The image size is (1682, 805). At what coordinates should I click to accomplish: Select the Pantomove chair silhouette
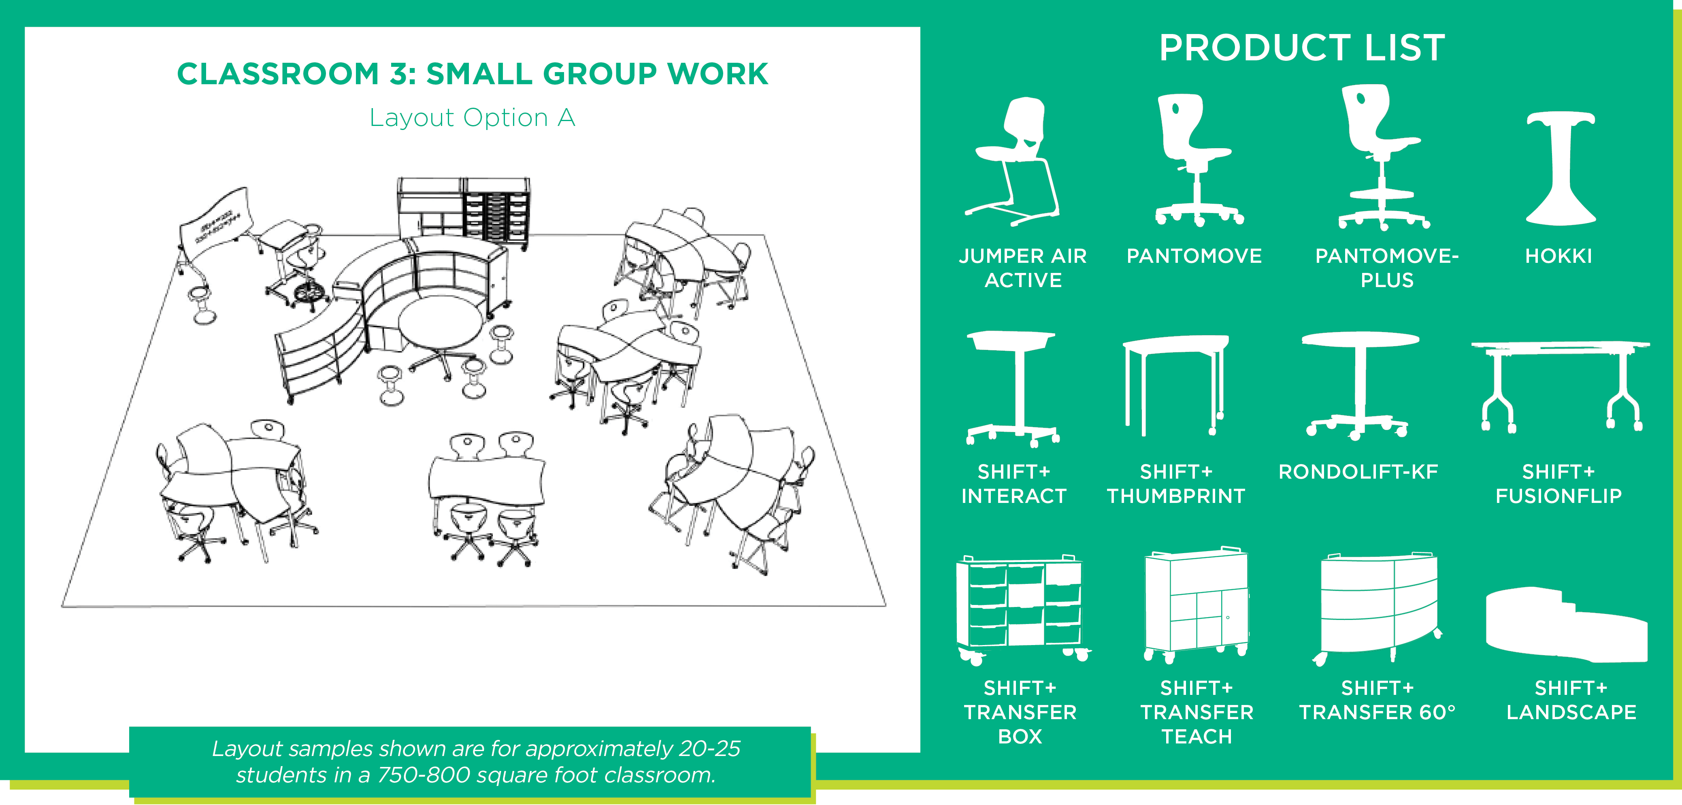tap(1196, 160)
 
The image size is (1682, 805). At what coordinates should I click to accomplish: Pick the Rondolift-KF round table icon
tap(1359, 385)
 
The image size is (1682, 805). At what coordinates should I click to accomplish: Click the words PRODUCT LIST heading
tap(1302, 48)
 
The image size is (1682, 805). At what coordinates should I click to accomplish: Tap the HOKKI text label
tap(1559, 256)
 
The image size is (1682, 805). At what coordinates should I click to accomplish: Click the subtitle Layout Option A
tap(472, 117)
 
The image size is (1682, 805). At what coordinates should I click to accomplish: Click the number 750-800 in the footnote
tap(424, 775)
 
